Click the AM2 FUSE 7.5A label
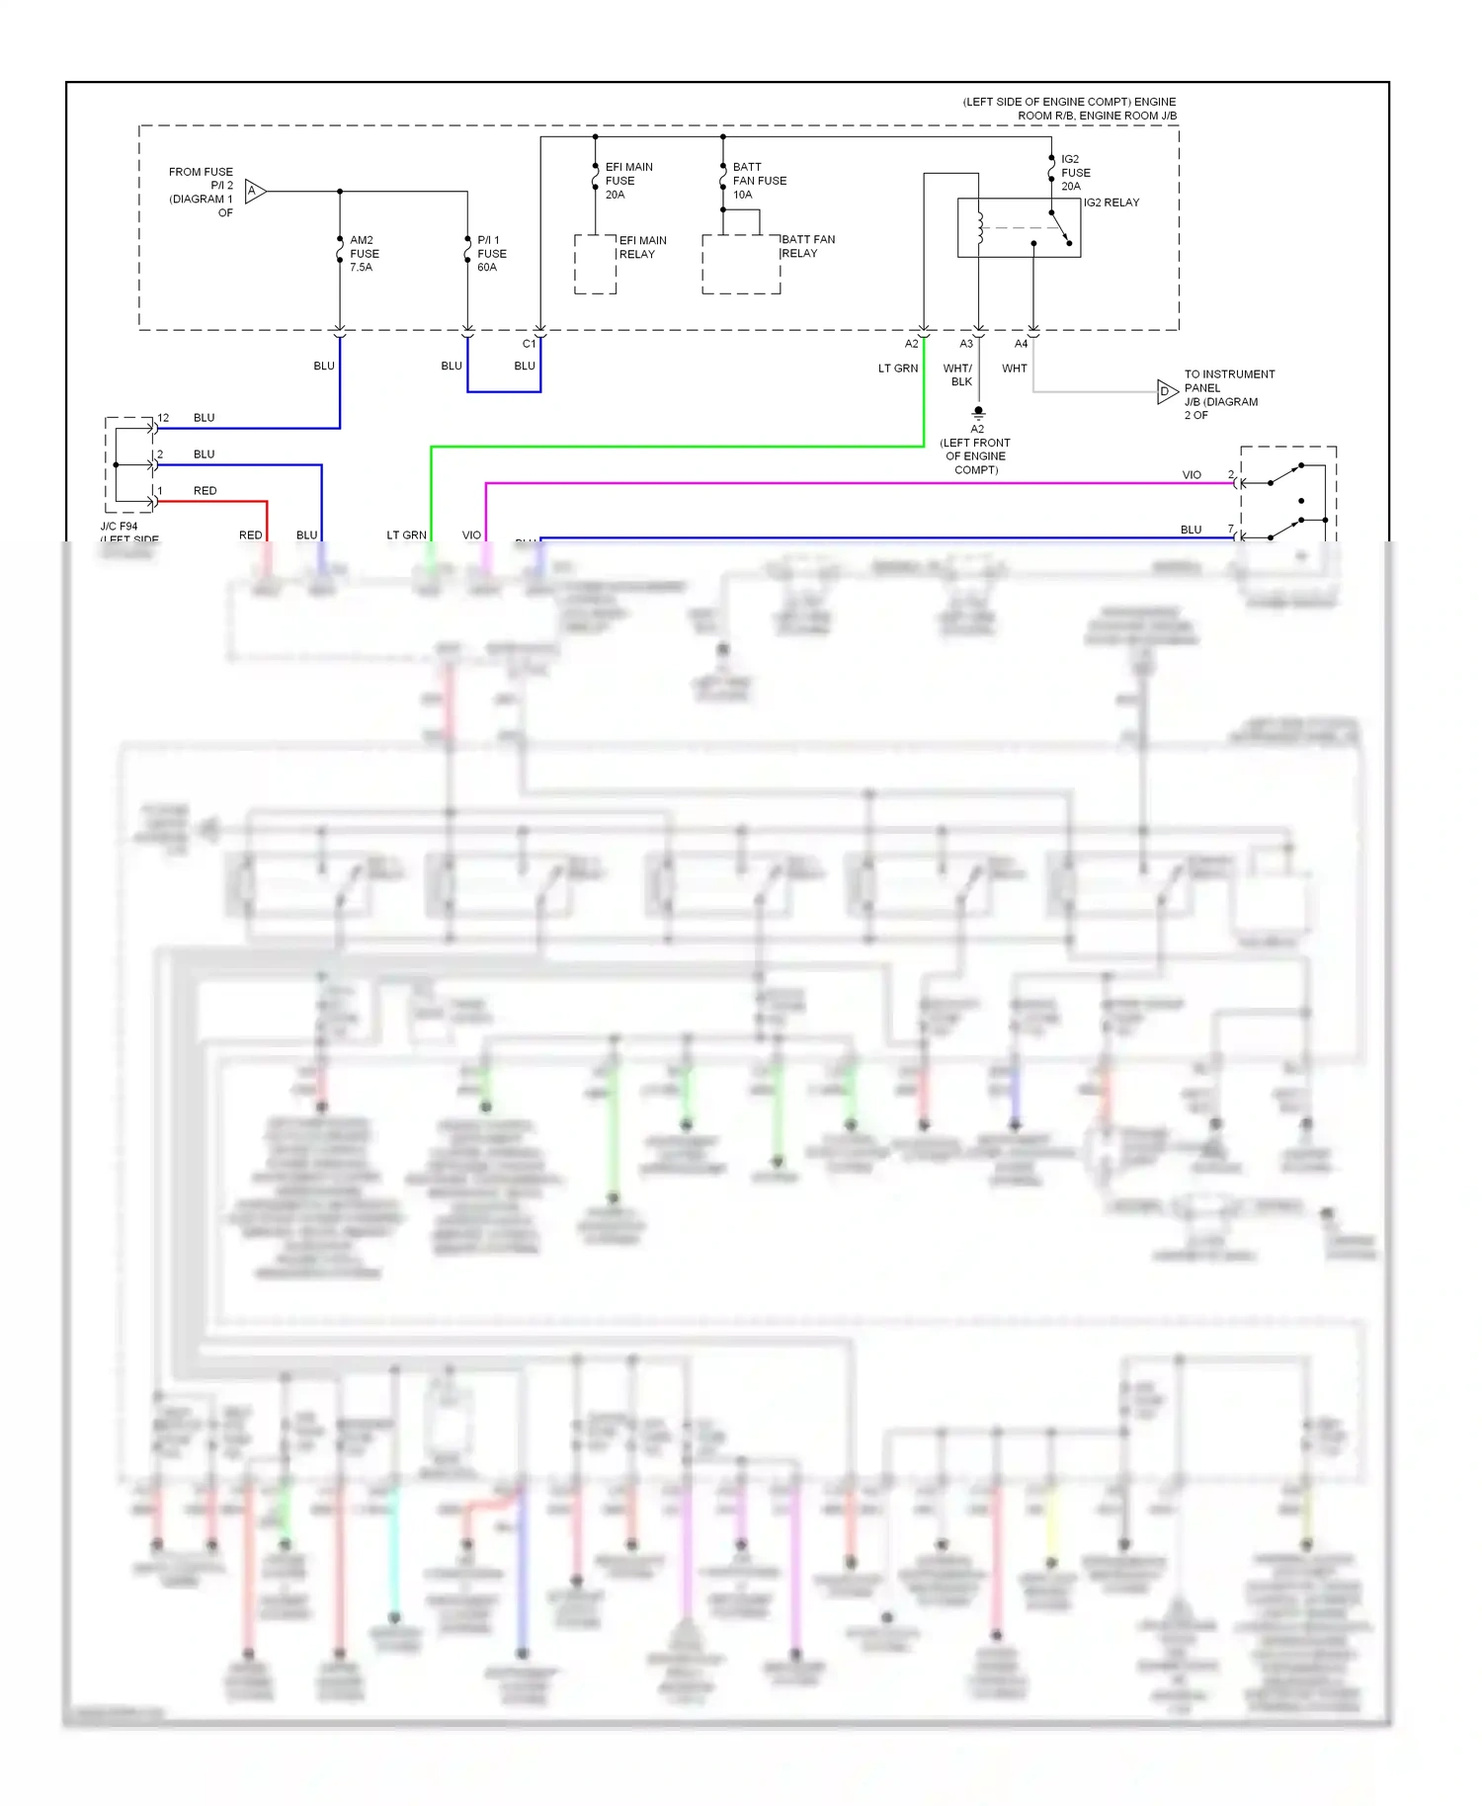coord(364,254)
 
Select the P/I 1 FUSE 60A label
coord(491,254)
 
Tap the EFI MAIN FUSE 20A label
coord(627,181)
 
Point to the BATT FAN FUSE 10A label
coord(759,181)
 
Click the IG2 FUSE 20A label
coord(1075,173)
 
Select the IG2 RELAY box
coord(1019,228)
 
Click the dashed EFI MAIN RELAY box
coord(595,265)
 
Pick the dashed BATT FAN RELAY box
coord(741,265)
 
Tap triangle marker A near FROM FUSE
coord(254,191)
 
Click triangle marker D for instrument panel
coord(1166,392)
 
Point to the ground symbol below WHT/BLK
coord(978,413)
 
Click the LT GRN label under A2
coord(898,369)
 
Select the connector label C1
coord(529,344)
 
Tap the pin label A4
coord(1021,344)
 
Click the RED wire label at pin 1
coord(205,491)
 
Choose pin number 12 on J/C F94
coord(163,418)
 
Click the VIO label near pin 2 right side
coord(1192,475)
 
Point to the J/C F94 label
coord(120,527)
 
